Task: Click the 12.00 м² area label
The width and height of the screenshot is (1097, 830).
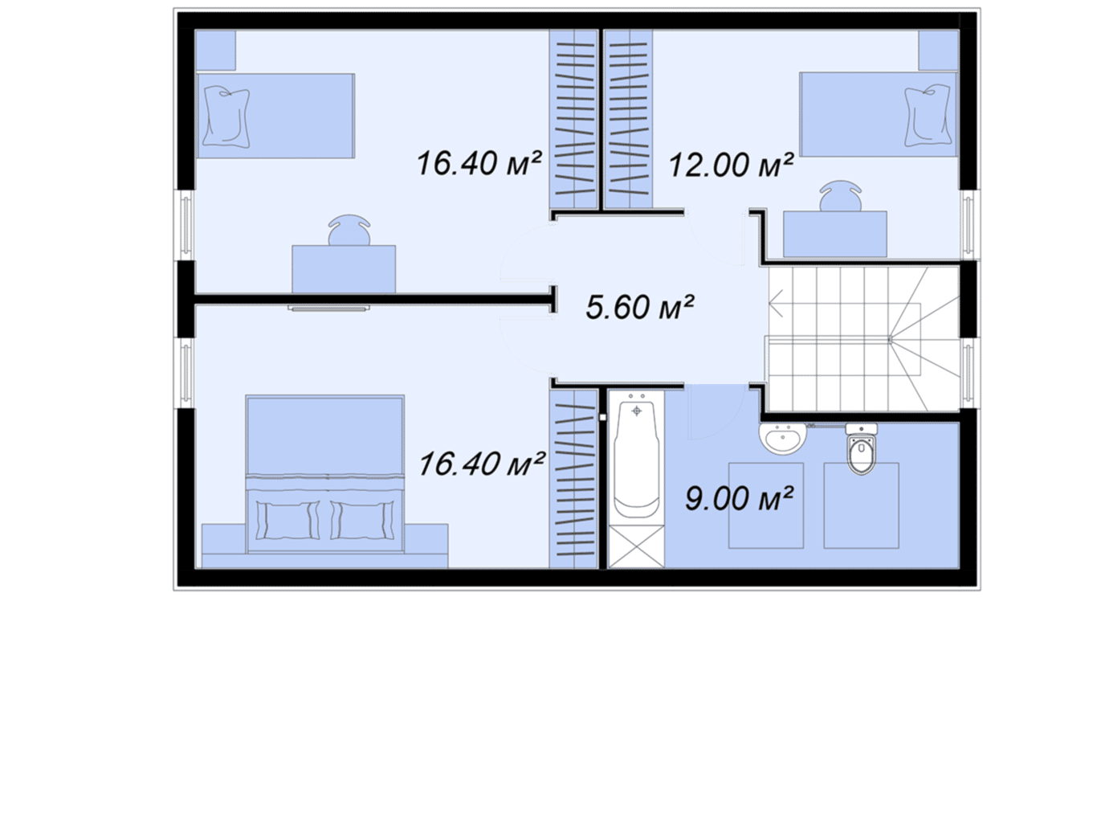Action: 731,165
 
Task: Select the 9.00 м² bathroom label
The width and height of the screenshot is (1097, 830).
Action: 739,498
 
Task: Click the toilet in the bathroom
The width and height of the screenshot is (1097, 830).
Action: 861,448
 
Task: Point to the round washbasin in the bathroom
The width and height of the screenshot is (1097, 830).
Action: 782,439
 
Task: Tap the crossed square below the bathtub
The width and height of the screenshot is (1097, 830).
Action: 636,547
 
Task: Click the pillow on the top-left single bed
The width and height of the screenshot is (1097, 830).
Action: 226,117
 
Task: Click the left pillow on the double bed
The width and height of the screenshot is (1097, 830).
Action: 288,520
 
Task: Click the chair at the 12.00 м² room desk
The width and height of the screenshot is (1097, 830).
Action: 841,196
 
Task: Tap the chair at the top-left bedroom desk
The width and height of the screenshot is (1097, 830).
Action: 349,231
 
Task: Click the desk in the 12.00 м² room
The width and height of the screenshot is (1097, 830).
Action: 834,234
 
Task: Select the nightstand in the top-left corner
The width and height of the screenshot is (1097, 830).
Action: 215,51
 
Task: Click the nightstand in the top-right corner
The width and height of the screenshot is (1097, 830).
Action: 939,51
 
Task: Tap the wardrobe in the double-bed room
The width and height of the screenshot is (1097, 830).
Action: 573,479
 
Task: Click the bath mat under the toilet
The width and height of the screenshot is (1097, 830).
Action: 861,505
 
